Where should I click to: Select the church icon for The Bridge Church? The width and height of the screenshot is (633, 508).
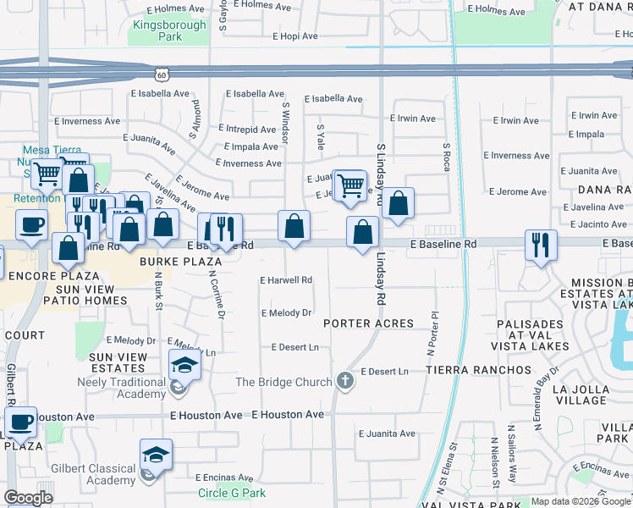344,381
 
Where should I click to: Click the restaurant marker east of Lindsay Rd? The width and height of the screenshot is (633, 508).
540,245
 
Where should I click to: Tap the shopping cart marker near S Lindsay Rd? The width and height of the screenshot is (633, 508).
350,185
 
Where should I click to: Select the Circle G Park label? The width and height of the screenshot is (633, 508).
231,493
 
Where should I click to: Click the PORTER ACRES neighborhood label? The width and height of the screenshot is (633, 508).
368,323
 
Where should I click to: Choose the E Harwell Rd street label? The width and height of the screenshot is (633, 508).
286,280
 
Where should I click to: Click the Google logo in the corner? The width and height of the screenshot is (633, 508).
28,498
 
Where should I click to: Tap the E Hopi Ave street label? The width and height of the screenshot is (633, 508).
294,36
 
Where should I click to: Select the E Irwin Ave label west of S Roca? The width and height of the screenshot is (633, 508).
416,119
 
